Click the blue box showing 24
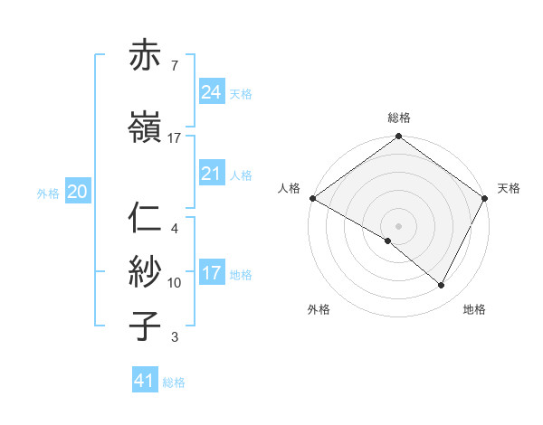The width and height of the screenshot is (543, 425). (x=212, y=91)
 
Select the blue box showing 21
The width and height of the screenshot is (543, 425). (x=212, y=174)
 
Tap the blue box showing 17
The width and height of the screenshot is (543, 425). (x=212, y=273)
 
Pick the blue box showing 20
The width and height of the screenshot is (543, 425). (x=78, y=192)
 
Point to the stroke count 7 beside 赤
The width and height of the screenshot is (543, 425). (x=174, y=66)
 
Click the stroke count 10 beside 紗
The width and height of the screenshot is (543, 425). (x=175, y=283)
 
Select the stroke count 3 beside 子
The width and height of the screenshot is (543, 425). (x=174, y=337)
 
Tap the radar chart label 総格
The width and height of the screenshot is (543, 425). (x=399, y=118)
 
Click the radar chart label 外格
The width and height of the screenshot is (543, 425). (x=319, y=309)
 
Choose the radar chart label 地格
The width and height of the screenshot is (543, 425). (x=474, y=309)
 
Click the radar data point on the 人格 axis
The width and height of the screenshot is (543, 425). (x=312, y=197)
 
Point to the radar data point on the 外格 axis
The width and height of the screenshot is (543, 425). (x=388, y=241)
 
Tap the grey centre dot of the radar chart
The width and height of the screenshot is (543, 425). (x=399, y=225)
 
